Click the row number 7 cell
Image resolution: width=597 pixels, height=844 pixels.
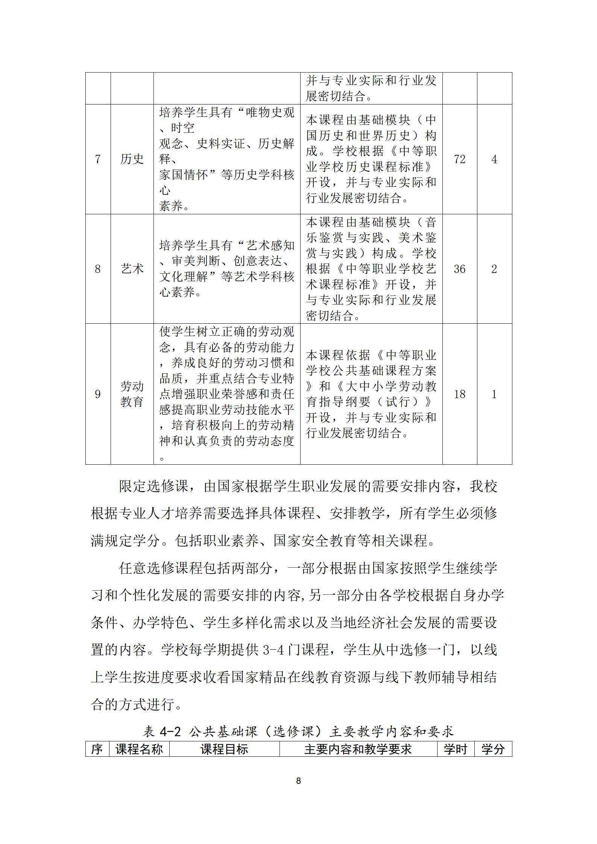pyautogui.click(x=98, y=159)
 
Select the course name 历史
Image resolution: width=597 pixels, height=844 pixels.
pyautogui.click(x=132, y=159)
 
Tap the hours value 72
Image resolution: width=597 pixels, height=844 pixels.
pyautogui.click(x=459, y=159)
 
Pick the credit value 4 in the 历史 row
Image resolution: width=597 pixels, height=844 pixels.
pyautogui.click(x=494, y=159)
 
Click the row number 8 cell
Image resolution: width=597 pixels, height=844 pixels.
pyautogui.click(x=98, y=269)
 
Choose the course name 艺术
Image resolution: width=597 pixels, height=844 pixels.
pyautogui.click(x=132, y=269)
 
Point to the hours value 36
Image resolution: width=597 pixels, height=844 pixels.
pyautogui.click(x=459, y=269)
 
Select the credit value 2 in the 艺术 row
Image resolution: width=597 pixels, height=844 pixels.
pyautogui.click(x=494, y=269)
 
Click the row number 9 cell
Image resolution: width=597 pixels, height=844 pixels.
pyautogui.click(x=98, y=394)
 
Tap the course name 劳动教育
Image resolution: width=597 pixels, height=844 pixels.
pyautogui.click(x=132, y=394)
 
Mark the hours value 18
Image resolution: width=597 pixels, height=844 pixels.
pyautogui.click(x=459, y=394)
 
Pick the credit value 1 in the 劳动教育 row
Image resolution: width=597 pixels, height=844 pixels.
pyautogui.click(x=494, y=394)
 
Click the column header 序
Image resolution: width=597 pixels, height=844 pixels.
pyautogui.click(x=97, y=749)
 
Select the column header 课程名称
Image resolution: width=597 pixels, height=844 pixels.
pyautogui.click(x=139, y=749)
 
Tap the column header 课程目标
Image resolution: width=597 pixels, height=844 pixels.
pyautogui.click(x=224, y=749)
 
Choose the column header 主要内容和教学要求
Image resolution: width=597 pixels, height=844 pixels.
pyautogui.click(x=358, y=749)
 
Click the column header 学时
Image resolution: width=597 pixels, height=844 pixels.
pyautogui.click(x=455, y=749)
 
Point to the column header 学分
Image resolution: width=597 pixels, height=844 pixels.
pyautogui.click(x=493, y=749)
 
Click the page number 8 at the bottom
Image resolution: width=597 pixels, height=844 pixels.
pyautogui.click(x=298, y=781)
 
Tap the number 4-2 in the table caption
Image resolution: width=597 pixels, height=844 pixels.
pyautogui.click(x=170, y=732)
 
